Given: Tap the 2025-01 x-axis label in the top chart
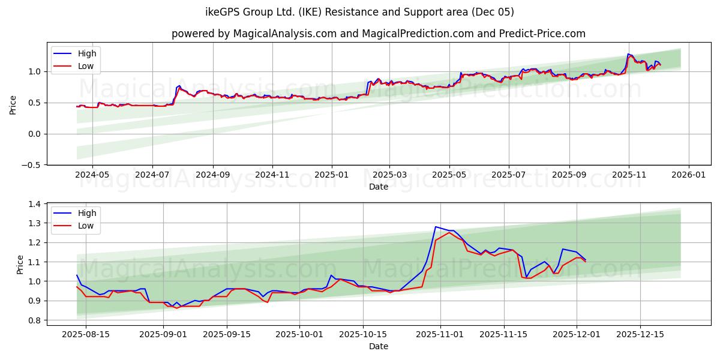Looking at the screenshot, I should click(331, 175).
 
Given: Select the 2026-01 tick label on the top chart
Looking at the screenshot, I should click(688, 175).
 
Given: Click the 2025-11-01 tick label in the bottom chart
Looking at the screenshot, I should click(440, 334).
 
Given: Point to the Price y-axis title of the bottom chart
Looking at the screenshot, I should click(20, 264).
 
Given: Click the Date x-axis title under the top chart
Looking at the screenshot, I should click(379, 187).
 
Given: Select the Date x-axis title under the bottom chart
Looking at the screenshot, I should click(379, 346).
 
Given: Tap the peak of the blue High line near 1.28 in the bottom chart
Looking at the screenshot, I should click(436, 227).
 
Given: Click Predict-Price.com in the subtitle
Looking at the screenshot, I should click(542, 34).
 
